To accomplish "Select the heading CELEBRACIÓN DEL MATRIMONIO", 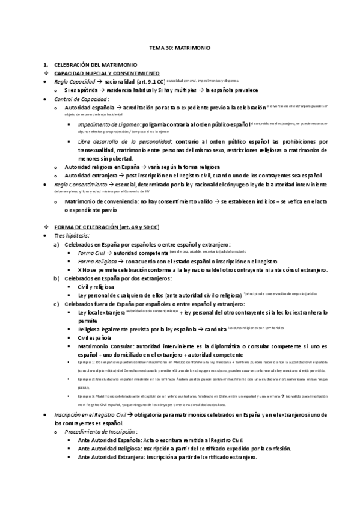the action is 96,64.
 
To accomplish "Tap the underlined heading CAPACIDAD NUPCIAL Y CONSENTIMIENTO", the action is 106,72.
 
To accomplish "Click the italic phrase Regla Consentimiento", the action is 81,183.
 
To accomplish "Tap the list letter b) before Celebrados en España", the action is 56,278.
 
